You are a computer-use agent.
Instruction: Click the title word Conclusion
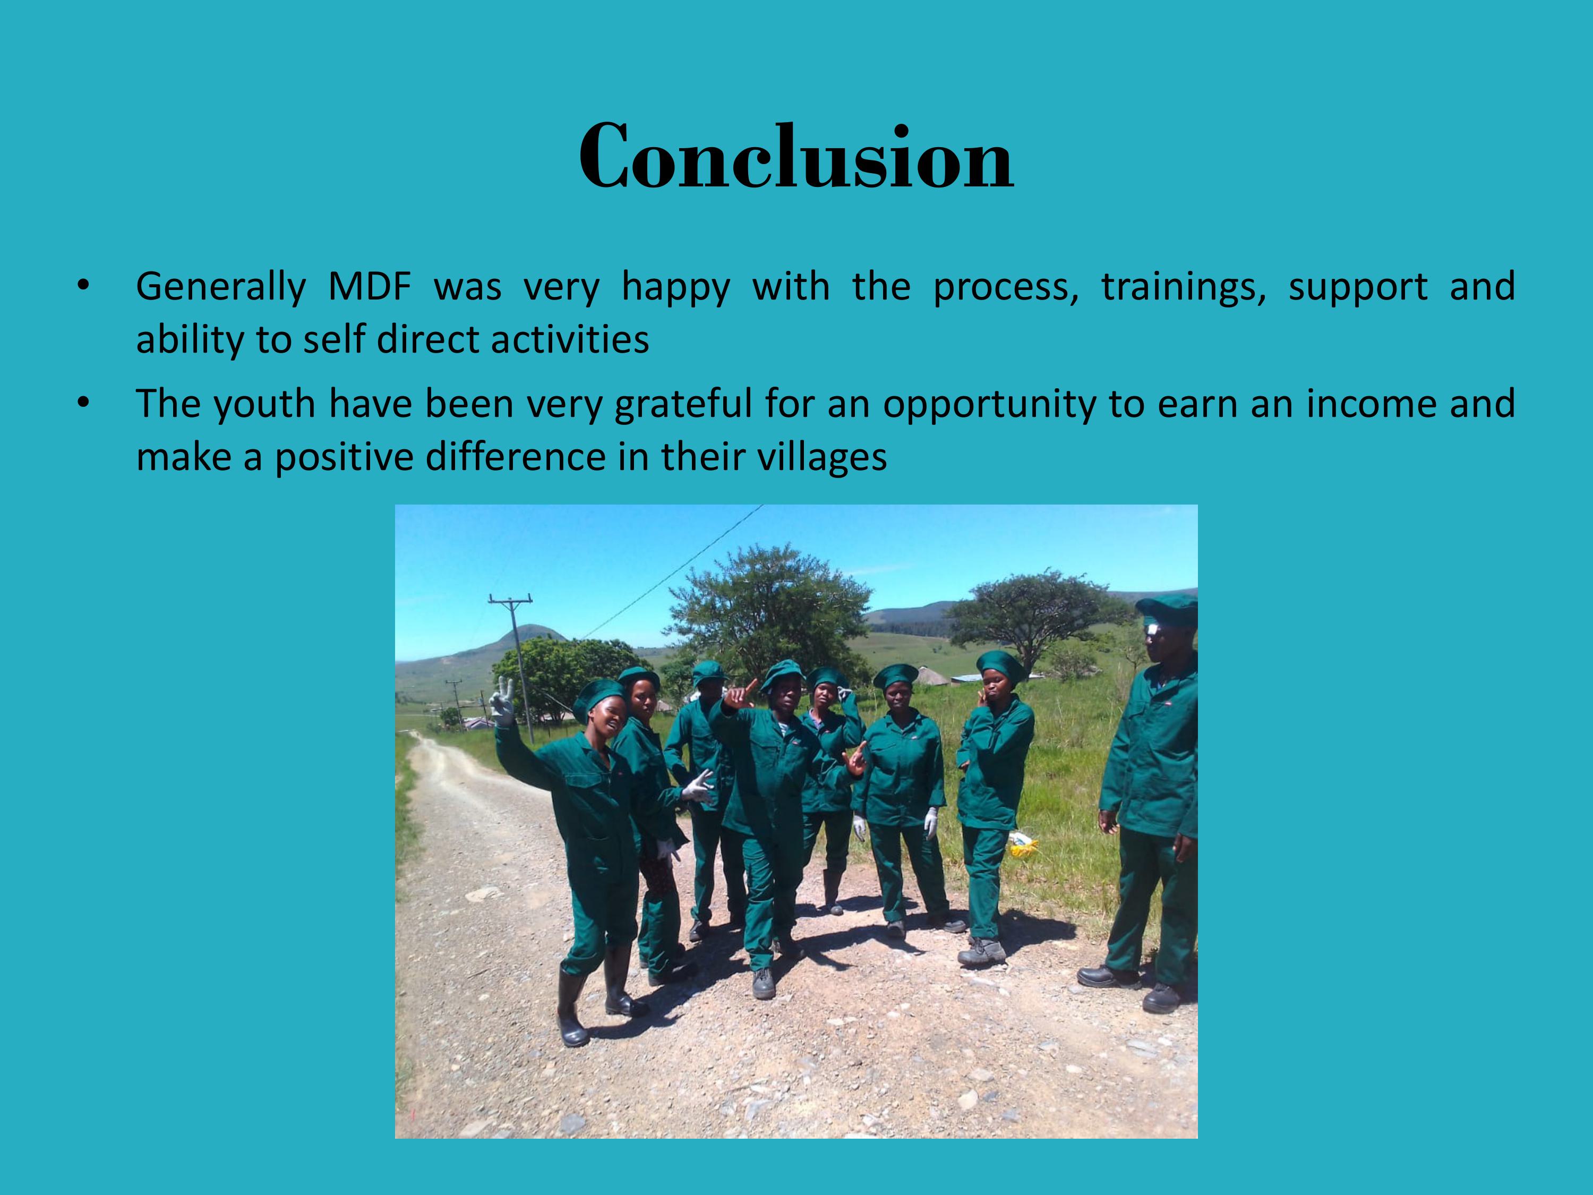pyautogui.click(x=796, y=156)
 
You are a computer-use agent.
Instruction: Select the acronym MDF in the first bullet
pyautogui.click(x=370, y=287)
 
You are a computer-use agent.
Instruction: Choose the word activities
pyautogui.click(x=570, y=339)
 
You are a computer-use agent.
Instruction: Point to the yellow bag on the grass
pyautogui.click(x=1023, y=844)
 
